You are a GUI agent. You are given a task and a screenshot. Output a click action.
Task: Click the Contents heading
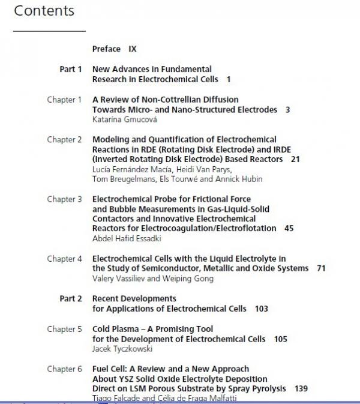point(44,11)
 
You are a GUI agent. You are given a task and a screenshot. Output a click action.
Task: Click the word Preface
point(106,49)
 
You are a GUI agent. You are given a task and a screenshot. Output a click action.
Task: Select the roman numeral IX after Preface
point(133,49)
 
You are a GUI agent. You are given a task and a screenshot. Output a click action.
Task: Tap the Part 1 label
point(71,69)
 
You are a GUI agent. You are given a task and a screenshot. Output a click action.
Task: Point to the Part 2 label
point(71,298)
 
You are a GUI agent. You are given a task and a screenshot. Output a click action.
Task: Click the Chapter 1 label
point(64,100)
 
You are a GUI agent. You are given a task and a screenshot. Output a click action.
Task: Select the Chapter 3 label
point(64,199)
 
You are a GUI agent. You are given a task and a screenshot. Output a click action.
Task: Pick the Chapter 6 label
point(64,369)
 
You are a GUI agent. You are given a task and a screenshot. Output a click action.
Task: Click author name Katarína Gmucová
point(123,120)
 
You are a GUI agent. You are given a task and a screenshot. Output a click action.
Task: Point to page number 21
point(295,159)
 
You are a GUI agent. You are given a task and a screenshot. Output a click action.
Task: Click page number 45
point(289,228)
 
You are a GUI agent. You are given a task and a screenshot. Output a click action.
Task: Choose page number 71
point(321,268)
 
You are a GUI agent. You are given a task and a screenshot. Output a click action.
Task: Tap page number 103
point(261,309)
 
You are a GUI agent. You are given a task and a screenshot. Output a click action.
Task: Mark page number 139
point(301,388)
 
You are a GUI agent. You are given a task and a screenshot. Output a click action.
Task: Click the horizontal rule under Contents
point(49,31)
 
